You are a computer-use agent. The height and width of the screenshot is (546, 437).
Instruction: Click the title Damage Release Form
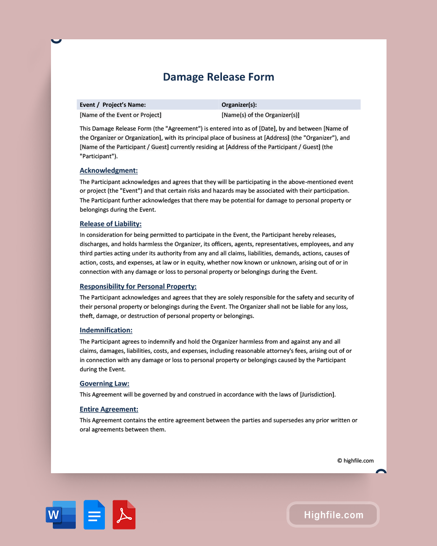pos(218,77)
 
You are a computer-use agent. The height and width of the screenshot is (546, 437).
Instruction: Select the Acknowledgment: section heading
pos(109,170)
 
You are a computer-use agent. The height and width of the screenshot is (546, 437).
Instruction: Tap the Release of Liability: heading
pos(111,224)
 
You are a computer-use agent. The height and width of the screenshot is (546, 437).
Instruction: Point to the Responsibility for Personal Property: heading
pos(138,286)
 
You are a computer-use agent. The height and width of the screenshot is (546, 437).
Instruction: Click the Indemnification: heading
pos(106,330)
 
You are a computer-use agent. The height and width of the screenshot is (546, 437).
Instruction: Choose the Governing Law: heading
pos(104,383)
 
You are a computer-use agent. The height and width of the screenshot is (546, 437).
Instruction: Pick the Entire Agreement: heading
pos(109,409)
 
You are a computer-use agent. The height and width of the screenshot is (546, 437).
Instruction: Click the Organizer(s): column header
pos(239,104)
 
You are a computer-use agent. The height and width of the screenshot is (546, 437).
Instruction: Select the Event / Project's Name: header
pos(113,104)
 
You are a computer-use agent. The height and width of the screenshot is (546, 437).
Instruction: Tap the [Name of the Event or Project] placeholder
pos(120,115)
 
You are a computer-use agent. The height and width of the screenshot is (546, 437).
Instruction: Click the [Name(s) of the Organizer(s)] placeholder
pos(260,115)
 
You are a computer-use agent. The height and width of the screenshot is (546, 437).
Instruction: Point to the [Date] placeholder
pos(267,129)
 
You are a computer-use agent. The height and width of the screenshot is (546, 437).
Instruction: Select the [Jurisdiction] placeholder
pos(317,395)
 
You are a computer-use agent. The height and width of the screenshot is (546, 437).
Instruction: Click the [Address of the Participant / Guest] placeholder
pos(273,147)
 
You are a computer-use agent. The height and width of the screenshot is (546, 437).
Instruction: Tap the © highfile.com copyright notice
pos(355,461)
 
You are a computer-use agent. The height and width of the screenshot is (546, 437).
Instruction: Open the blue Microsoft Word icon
pos(61,514)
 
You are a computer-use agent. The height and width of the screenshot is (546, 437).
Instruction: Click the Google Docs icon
pos(94,514)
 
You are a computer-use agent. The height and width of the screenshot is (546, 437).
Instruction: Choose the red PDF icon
pos(124,514)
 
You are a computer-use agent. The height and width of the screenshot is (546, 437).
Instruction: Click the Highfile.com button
pos(334,515)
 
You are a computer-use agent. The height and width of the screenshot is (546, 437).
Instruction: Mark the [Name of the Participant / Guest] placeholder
pos(124,147)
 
